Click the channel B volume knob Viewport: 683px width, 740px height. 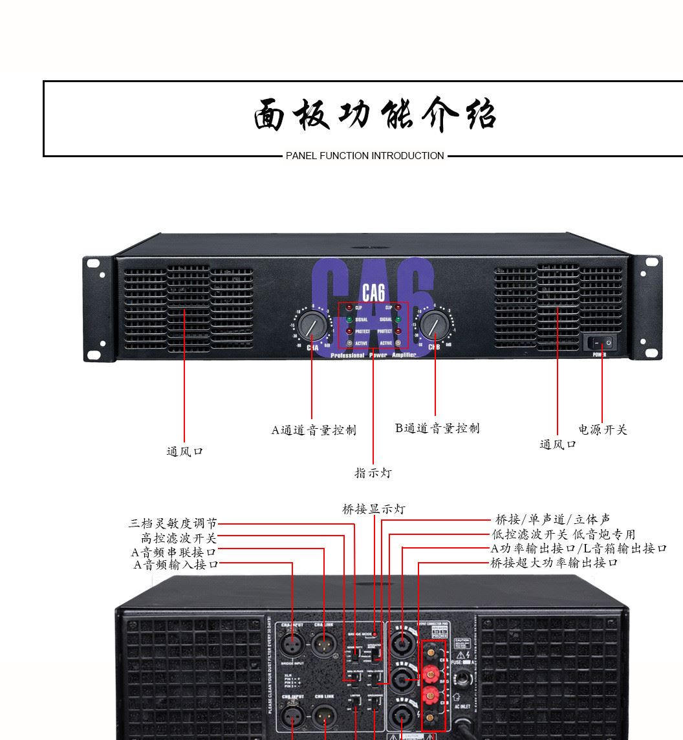pos(435,324)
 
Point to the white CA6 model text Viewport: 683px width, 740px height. pos(373,292)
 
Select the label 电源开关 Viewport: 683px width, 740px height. pos(602,430)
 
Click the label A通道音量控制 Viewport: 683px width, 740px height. pos(313,430)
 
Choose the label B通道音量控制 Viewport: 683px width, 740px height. pos(437,428)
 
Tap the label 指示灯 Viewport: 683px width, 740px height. pos(373,473)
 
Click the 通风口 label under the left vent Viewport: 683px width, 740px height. pos(185,452)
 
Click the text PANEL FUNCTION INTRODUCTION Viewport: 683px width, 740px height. pos(365,156)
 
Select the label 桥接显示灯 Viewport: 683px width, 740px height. pos(373,510)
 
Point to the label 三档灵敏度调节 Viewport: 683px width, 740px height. pos(173,523)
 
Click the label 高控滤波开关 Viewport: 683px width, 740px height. pos(179,538)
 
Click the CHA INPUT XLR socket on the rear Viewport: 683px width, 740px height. pos(292,644)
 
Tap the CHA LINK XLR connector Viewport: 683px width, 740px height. pos(323,644)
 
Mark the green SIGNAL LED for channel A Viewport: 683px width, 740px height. pos(349,320)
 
